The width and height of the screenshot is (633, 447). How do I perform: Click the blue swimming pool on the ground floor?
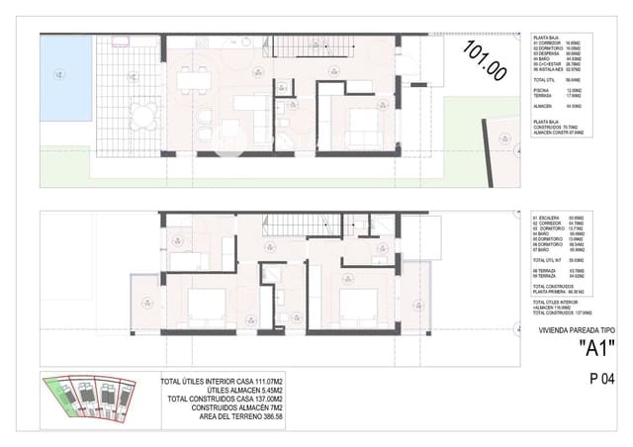66,74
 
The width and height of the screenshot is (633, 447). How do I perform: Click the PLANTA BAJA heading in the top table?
546,37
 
